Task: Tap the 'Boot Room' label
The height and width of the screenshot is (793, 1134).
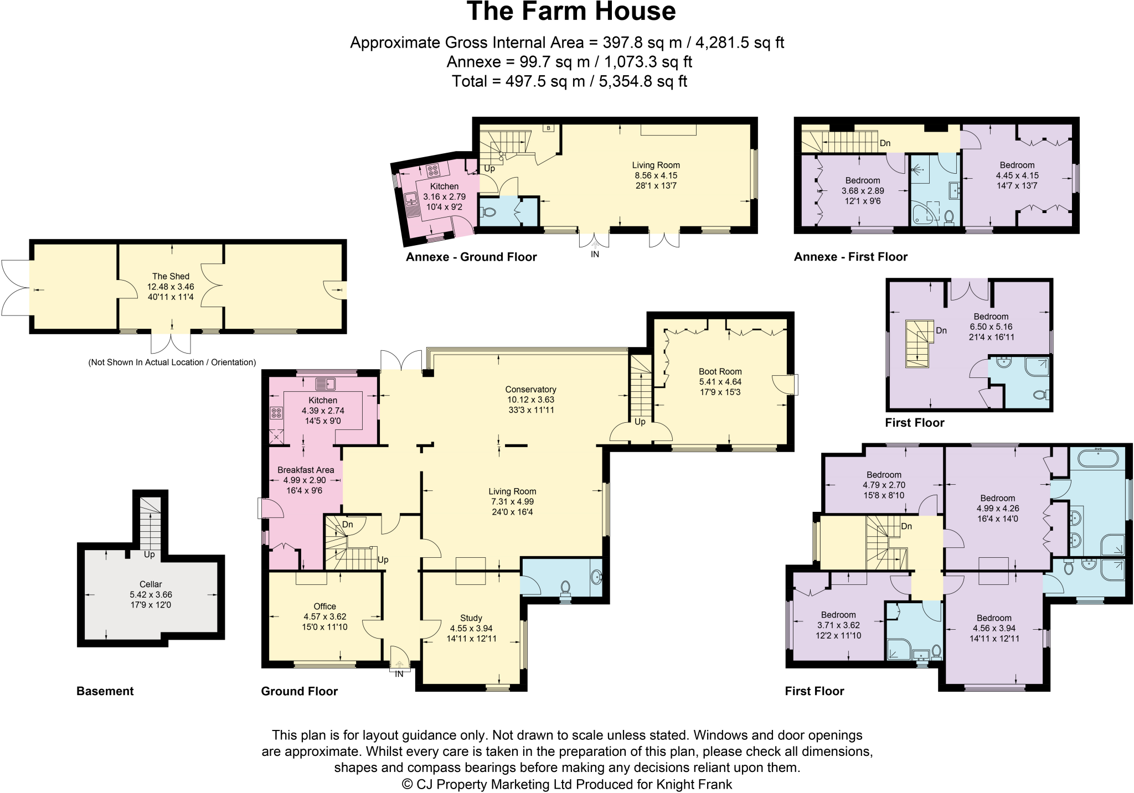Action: tap(720, 372)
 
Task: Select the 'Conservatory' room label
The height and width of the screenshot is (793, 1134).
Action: tap(530, 390)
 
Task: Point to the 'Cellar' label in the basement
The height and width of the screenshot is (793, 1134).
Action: tap(151, 584)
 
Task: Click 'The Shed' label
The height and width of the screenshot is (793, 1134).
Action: tap(171, 276)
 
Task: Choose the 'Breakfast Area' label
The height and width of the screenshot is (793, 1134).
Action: tap(306, 470)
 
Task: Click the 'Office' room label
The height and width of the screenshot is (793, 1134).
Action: tap(324, 607)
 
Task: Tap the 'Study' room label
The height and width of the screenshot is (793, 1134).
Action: tap(471, 618)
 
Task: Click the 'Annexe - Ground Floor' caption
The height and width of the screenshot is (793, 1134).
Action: tap(471, 257)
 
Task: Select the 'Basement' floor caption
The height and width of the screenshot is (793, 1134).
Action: tap(105, 691)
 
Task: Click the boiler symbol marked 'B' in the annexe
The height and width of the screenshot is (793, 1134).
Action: tap(548, 128)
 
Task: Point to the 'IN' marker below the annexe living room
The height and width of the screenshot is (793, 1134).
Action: tap(595, 255)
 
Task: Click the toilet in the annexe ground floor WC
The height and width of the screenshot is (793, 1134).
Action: tap(489, 211)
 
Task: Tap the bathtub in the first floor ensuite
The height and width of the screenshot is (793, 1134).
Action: tap(1097, 459)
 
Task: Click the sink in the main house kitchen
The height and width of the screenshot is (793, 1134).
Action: tap(326, 383)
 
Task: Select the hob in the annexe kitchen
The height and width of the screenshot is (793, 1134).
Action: tap(433, 169)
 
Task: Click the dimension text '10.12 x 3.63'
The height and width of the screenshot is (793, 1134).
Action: tap(530, 400)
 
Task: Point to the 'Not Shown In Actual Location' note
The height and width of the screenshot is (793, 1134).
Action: tap(172, 362)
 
